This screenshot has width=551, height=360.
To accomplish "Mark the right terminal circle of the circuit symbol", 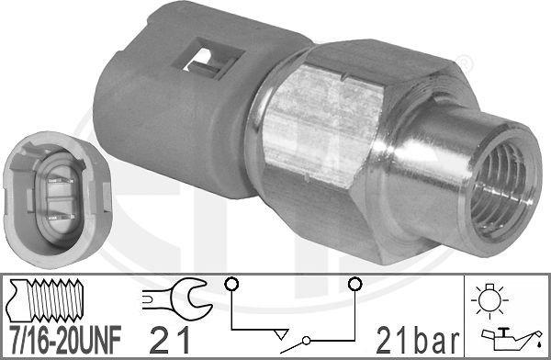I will tap(352, 284).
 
